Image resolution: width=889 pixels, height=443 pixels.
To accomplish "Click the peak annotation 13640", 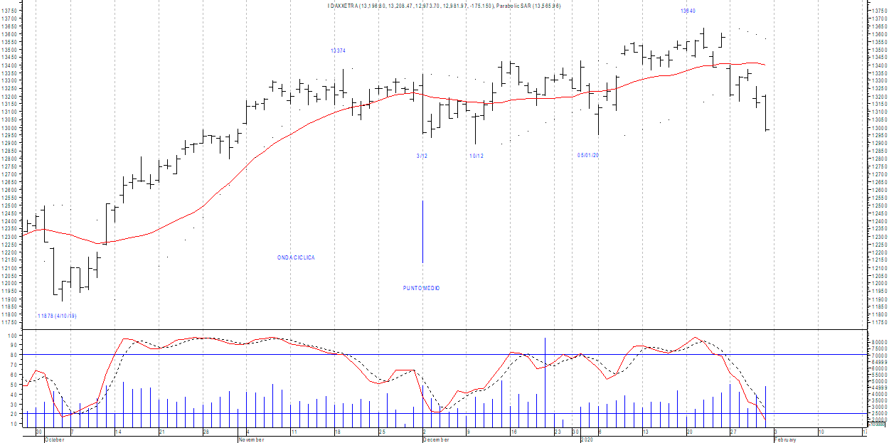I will pos(688,11).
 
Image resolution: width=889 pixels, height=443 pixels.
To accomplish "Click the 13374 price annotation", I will pos(338,50).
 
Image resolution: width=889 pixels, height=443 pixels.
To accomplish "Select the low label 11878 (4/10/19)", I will pos(56,316).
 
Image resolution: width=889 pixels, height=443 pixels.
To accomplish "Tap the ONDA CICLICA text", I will pos(296,257).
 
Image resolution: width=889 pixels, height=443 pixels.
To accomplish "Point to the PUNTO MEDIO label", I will pos(421,288).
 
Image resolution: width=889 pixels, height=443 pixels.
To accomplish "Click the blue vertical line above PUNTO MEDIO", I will pos(423,231).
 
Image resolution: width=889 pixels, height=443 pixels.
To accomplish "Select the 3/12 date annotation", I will pos(422,156).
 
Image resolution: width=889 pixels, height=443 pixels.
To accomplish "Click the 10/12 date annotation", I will pos(476,156).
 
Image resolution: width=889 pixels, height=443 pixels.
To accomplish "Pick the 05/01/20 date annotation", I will pos(588,155).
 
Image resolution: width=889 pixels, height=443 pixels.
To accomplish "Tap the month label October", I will pos(54,439).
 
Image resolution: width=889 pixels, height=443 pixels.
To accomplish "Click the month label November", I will pos(251,439).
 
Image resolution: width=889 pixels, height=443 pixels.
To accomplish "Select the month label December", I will pos(436,439).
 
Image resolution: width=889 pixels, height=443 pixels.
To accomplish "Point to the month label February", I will pos(784,439).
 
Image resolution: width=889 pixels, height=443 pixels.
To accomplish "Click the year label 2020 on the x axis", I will pos(586,439).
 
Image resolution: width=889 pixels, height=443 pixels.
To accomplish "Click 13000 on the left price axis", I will pos(10,128).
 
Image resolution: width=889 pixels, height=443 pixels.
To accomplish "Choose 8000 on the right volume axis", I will pos(879,342).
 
